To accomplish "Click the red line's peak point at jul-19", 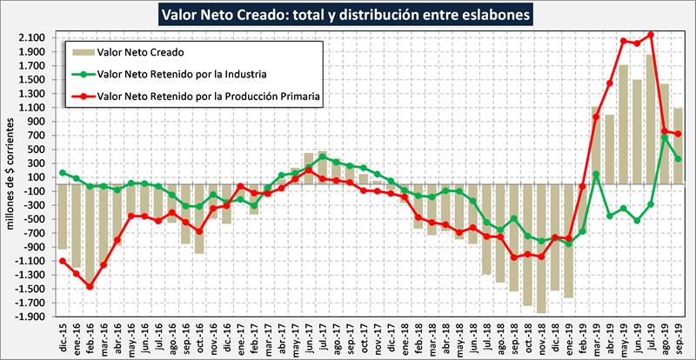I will (651, 35).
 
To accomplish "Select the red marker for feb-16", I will (90, 286).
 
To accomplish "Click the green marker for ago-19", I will (665, 137).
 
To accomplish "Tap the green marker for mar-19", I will (596, 174).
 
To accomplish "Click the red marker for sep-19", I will (679, 134).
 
